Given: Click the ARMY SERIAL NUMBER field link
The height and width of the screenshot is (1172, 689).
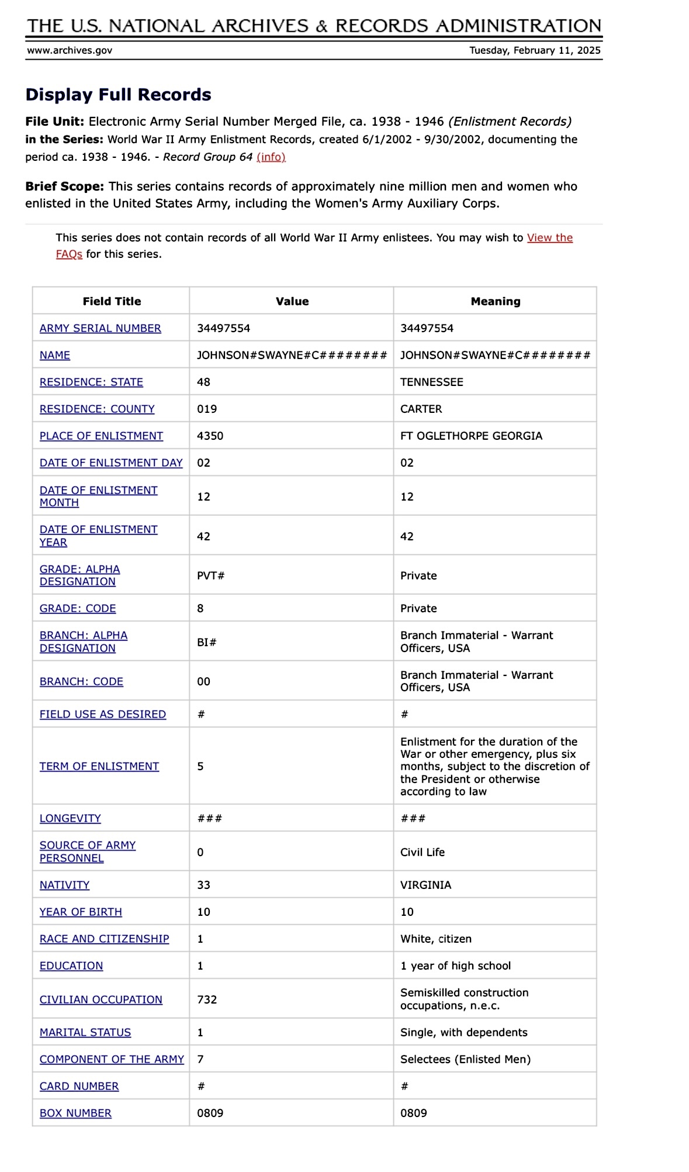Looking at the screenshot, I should coord(100,328).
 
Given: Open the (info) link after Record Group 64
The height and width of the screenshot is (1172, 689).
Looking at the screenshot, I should coord(271,157).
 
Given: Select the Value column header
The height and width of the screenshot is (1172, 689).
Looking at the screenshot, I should coord(292,301).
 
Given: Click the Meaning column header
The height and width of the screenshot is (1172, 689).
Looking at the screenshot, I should coord(495,301).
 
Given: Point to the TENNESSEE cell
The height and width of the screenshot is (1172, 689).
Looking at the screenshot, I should coord(431,382).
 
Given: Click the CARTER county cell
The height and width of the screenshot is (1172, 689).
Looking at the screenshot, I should coord(421,409).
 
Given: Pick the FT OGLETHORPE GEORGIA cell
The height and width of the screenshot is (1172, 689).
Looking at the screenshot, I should coord(471,436).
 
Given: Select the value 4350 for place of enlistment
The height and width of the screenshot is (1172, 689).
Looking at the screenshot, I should coord(210,436).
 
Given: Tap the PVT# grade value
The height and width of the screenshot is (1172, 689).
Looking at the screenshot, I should coord(210,575).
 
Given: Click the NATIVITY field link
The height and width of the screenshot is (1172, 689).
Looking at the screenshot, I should coord(64,885).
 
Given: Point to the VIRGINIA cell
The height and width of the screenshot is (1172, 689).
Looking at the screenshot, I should coord(425,885).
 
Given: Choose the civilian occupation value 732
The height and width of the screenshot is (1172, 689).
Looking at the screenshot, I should coord(207,999).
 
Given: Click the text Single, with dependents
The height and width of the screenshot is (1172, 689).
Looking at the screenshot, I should coord(463,1032).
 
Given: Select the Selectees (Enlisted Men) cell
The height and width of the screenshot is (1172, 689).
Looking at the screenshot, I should coord(465,1059).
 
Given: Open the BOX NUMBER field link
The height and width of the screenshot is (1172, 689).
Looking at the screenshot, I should coord(75,1113).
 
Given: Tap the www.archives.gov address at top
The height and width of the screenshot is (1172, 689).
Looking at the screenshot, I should coord(70,50).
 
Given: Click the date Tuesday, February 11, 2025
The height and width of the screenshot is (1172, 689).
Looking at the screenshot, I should coord(535,50).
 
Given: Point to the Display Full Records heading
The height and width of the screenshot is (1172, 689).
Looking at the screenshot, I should coord(118,95).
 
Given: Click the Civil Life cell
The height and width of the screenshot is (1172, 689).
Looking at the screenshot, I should coord(422,852).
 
